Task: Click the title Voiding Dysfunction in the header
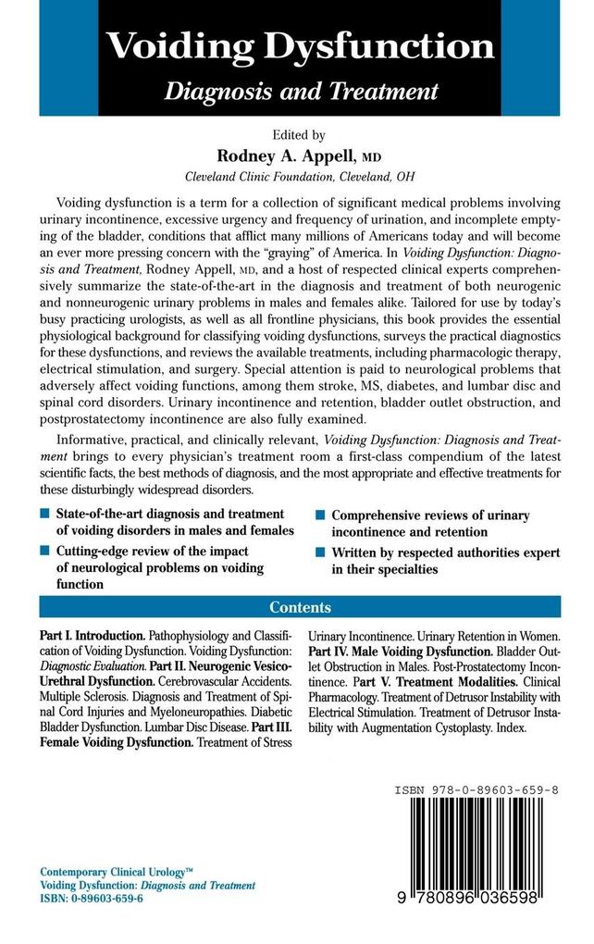point(299,46)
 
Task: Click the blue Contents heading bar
point(299,607)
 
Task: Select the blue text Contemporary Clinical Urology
point(112,872)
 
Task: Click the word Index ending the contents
point(512,727)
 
